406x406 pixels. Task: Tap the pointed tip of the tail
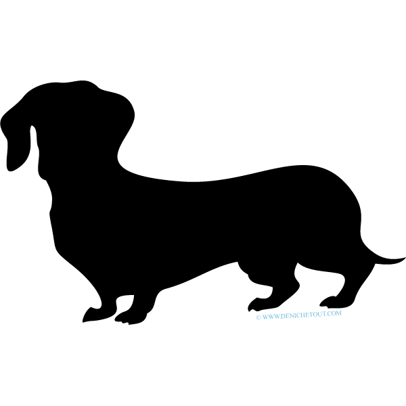pyautogui.click(x=405, y=258)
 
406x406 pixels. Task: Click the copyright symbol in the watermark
pyautogui.click(x=258, y=317)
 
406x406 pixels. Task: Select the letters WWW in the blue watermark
pyautogui.click(x=271, y=317)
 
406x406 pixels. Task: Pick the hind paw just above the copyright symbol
pyautogui.click(x=261, y=304)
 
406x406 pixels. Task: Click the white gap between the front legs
pyautogui.click(x=125, y=302)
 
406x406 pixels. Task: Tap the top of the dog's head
pyautogui.click(x=78, y=83)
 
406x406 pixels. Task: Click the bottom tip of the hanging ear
pyautogui.click(x=10, y=170)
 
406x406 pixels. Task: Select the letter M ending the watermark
pyautogui.click(x=339, y=313)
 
